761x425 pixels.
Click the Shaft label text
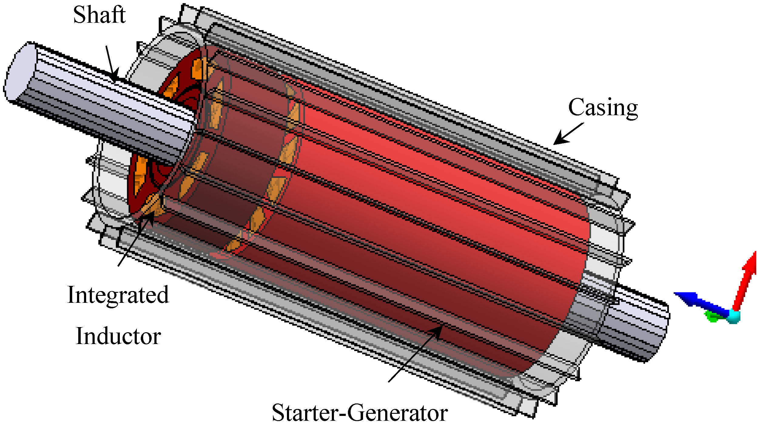(x=99, y=15)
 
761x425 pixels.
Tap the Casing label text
(x=603, y=108)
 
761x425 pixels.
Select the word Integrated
(x=118, y=295)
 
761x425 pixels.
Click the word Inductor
(x=118, y=336)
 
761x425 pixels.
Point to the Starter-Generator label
(x=359, y=413)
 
